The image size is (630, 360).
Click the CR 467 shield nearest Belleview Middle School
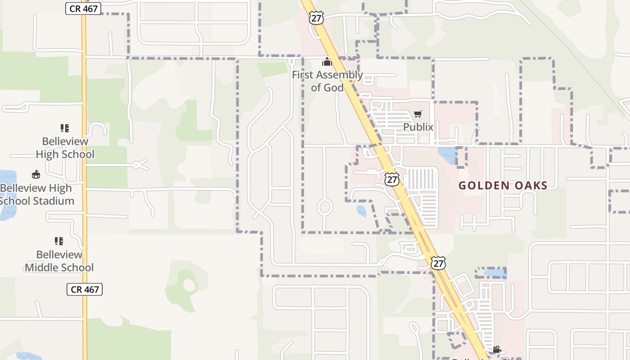point(85,289)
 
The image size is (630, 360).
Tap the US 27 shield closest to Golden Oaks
point(392,179)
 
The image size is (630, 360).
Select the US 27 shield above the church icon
point(316,18)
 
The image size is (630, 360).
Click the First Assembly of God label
point(327,81)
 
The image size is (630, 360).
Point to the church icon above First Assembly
point(327,62)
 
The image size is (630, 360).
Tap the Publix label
point(418,127)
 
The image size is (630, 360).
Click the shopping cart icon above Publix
point(418,114)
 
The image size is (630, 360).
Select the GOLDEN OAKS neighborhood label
point(503,185)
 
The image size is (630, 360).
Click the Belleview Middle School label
point(59,261)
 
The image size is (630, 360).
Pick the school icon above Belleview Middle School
point(59,241)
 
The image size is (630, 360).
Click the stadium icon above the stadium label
point(36,174)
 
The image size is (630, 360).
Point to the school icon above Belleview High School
point(65,128)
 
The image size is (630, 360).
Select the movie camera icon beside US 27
point(497,349)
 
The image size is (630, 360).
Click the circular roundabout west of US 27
point(325,207)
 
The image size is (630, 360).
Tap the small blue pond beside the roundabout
point(361,211)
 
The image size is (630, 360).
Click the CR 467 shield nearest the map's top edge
point(83,9)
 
